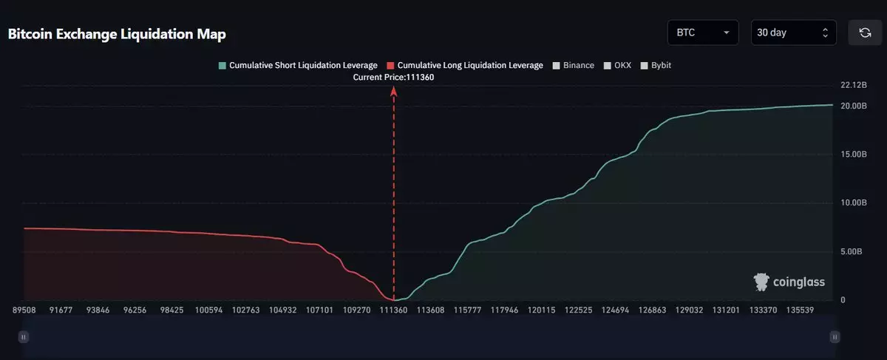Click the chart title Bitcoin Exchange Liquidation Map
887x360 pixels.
tap(117, 34)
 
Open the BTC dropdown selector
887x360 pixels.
tap(702, 33)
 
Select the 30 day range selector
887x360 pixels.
tap(793, 33)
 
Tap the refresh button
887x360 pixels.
tap(864, 33)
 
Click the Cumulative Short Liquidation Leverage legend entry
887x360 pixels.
tap(298, 66)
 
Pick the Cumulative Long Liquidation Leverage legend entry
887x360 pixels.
tap(464, 66)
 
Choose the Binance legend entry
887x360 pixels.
tap(573, 66)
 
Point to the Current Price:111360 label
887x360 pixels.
tap(394, 77)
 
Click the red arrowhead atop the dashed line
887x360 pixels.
tap(394, 91)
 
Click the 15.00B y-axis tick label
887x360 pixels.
tap(853, 155)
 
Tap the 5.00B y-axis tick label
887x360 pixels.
tap(855, 252)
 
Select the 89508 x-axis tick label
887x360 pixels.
tap(25, 310)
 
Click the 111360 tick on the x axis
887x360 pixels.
tap(394, 310)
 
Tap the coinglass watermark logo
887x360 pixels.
tap(789, 282)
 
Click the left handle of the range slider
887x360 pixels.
tap(24, 336)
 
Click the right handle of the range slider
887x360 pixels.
tap(835, 336)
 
